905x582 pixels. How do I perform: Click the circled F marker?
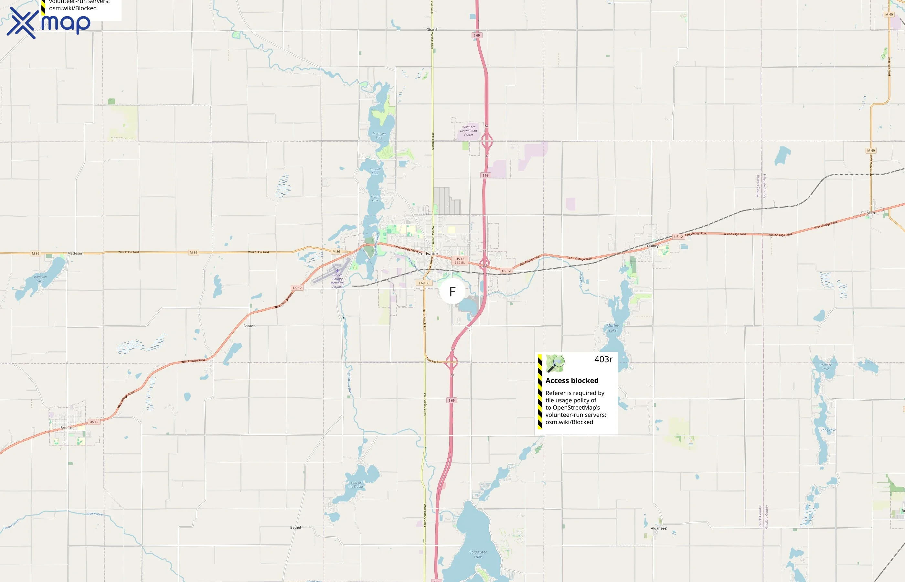(x=452, y=291)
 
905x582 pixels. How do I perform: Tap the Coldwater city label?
(x=428, y=253)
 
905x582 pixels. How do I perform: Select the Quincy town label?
(x=652, y=246)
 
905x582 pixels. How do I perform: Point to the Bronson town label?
(x=67, y=428)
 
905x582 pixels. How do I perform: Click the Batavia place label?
(x=249, y=326)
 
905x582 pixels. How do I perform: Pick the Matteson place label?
(x=75, y=253)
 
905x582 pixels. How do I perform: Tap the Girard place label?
(x=431, y=29)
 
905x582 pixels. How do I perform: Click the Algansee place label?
(x=658, y=528)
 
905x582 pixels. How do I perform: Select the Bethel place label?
(x=295, y=527)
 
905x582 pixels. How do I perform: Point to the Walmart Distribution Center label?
(x=468, y=131)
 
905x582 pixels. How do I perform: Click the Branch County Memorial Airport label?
(x=337, y=281)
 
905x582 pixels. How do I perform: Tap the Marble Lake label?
(x=612, y=328)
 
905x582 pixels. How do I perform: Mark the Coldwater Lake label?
(x=478, y=555)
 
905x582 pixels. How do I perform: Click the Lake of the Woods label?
(x=356, y=484)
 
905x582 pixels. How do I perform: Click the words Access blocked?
(x=572, y=381)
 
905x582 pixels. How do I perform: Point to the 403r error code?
(x=603, y=360)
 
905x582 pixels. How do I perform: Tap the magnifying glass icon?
(x=555, y=363)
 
